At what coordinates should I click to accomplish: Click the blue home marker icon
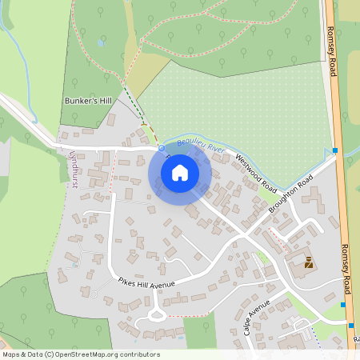[180, 172]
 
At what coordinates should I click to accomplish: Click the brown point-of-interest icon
[309, 262]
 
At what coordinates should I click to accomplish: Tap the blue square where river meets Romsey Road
[334, 150]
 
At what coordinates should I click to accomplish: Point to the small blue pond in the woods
[100, 42]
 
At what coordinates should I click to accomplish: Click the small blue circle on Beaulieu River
[161, 148]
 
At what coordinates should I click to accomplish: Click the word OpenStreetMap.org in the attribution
[89, 354]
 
